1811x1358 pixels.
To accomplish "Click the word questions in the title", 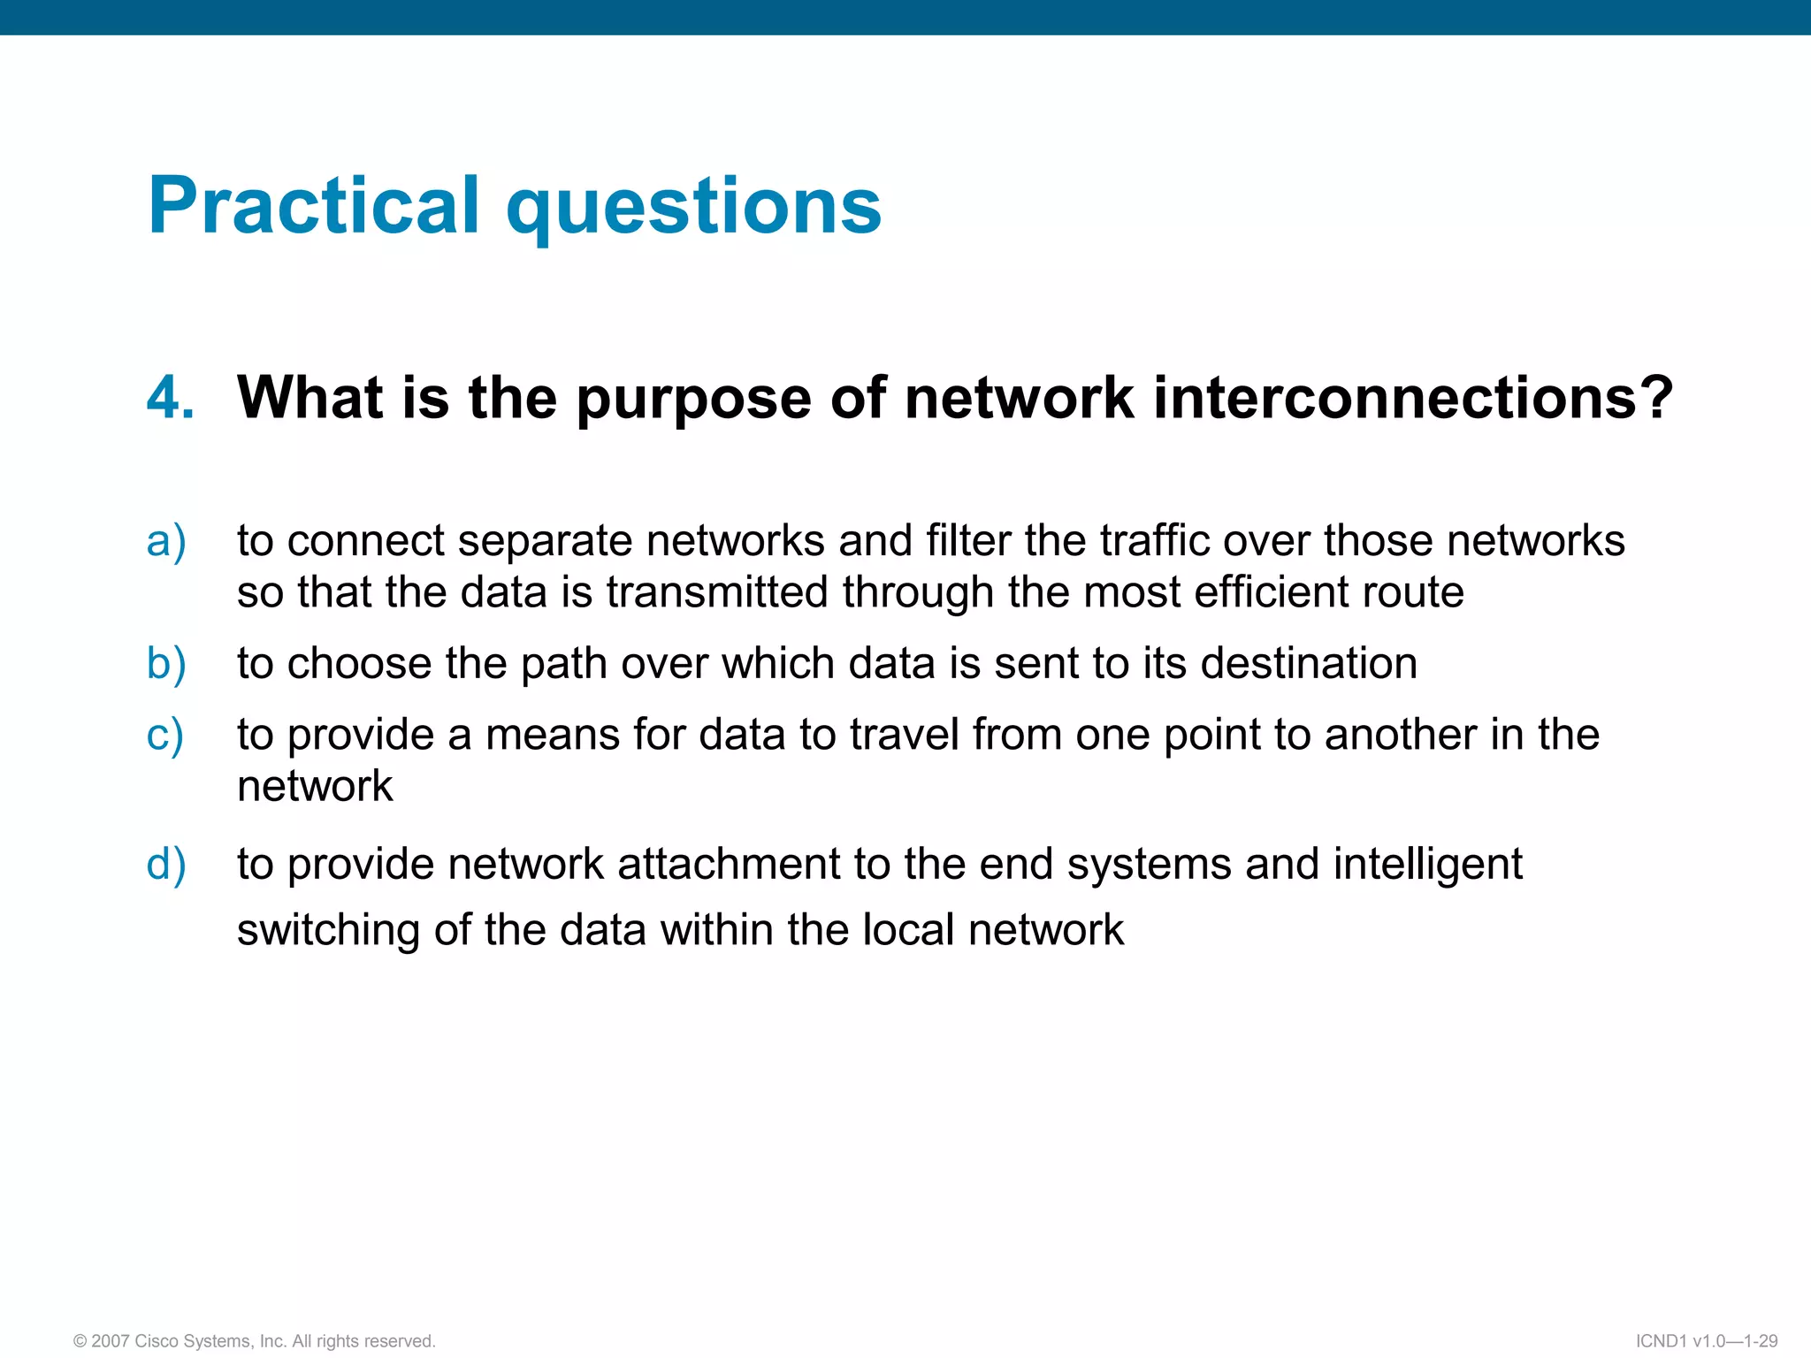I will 693,208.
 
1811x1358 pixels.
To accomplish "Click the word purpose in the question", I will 693,400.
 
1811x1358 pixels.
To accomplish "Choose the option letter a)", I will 166,541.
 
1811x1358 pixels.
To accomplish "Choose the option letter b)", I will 166,664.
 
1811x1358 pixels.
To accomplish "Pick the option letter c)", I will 165,736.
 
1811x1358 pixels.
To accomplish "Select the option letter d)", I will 166,865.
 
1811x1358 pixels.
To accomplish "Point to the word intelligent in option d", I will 1427,866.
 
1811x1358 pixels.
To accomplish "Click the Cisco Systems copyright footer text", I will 255,1341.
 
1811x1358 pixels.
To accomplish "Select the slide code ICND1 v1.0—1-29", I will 1706,1341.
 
